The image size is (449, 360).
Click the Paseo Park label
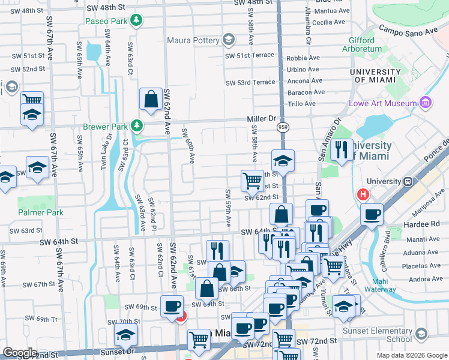(106, 21)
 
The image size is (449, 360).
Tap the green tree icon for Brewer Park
(137, 126)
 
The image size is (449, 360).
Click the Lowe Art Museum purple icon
(426, 103)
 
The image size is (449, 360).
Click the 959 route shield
(282, 127)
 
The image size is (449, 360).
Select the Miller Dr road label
(261, 119)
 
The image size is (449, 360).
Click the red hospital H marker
(363, 195)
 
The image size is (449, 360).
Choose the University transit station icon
(408, 181)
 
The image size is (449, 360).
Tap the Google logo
(20, 353)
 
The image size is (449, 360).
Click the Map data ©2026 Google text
(411, 355)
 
